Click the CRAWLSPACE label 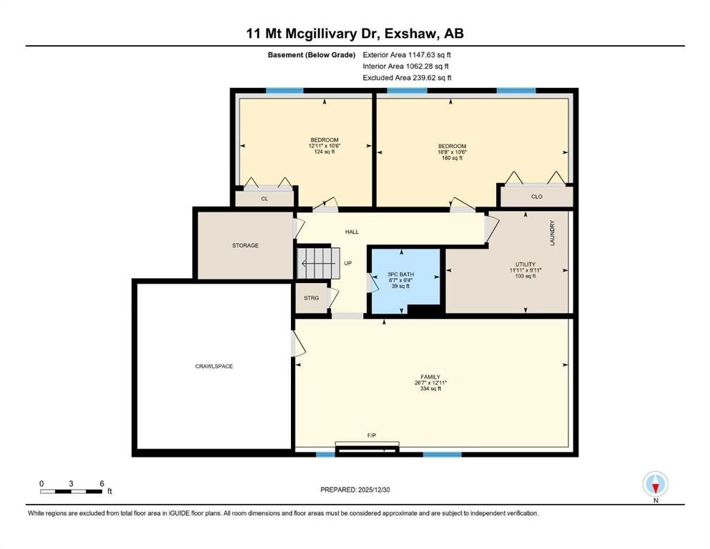click(215, 366)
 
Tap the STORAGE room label click(245, 245)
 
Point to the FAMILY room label click(430, 377)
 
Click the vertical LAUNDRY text click(552, 233)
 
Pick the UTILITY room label click(526, 264)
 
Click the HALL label click(352, 232)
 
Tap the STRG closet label click(311, 298)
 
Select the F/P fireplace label click(372, 435)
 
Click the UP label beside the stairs click(348, 263)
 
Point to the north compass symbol click(656, 485)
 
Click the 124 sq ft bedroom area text click(324, 152)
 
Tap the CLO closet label click(537, 196)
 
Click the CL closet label click(264, 199)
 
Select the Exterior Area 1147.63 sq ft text click(407, 54)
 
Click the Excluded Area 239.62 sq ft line click(407, 78)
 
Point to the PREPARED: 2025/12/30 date click(355, 490)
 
